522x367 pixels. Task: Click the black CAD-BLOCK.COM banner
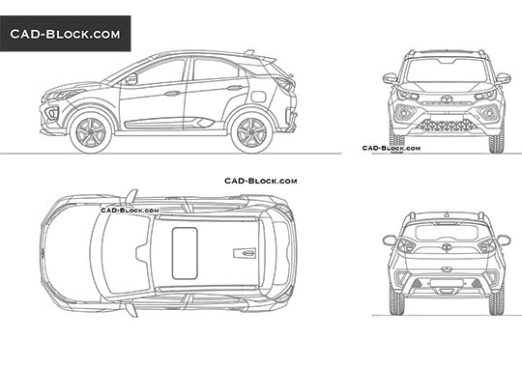[x=65, y=34]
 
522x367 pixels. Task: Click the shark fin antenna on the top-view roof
[x=245, y=254]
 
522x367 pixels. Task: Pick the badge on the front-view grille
[x=447, y=100]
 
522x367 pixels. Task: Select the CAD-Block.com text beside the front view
[x=391, y=148]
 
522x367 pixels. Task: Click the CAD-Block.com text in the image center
[x=260, y=181]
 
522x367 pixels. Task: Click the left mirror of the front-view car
[x=389, y=78]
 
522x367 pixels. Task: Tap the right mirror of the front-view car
[x=504, y=78]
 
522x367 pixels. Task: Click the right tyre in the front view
[x=498, y=140]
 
